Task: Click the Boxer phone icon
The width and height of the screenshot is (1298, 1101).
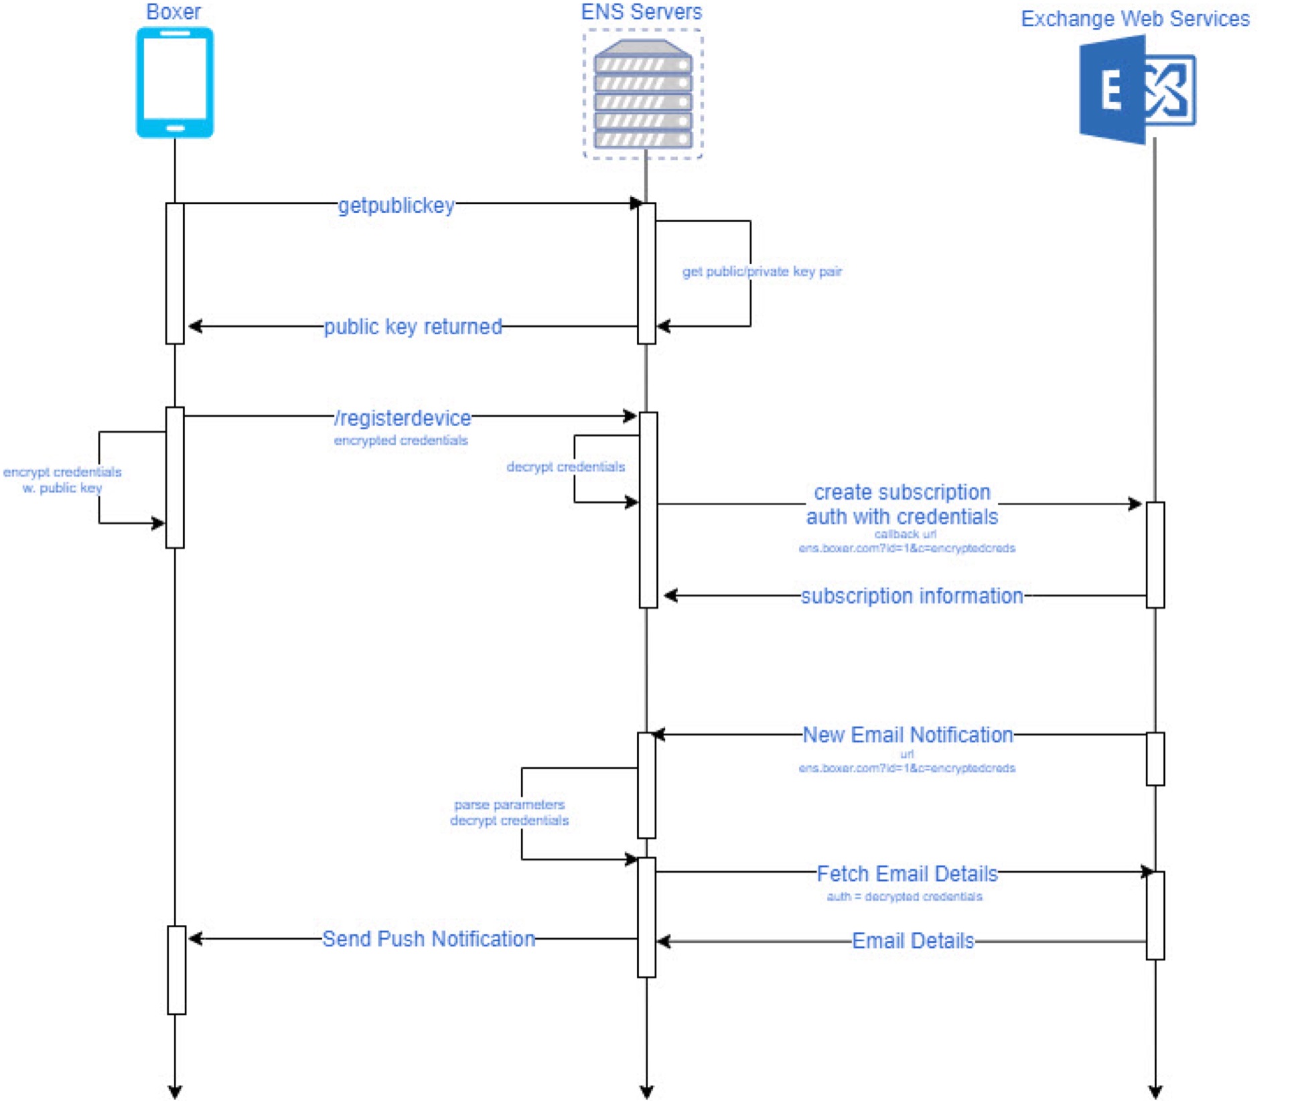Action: (175, 82)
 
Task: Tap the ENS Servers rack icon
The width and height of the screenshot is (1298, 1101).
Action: (642, 94)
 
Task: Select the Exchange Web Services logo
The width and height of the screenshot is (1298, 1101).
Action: (1137, 90)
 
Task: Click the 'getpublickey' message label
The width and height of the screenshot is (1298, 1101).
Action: (396, 205)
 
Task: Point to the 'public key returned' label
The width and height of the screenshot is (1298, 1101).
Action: (413, 327)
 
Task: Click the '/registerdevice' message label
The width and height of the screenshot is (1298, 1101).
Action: (403, 418)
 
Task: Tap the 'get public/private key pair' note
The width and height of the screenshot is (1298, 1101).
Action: (762, 271)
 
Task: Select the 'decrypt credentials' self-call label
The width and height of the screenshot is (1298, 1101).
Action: (565, 467)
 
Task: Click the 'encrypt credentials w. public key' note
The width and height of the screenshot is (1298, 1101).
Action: (62, 480)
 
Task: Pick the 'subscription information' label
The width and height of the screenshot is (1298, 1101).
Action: (912, 595)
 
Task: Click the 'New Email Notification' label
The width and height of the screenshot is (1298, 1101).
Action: (908, 735)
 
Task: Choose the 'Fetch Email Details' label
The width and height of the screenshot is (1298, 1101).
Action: (907, 874)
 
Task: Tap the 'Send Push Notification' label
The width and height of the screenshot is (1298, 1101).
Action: (429, 939)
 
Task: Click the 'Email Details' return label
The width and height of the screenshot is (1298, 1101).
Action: (913, 941)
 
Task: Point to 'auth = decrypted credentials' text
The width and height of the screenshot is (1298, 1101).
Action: (904, 896)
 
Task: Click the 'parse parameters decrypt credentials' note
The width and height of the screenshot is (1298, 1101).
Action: (509, 812)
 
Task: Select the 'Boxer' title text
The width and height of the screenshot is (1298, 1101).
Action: (173, 12)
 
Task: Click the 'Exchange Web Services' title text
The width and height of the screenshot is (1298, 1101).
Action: (1135, 19)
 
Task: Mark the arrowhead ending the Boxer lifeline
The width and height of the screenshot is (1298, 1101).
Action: (175, 1092)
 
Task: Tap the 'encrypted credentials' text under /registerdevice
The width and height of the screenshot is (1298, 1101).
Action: (401, 440)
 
